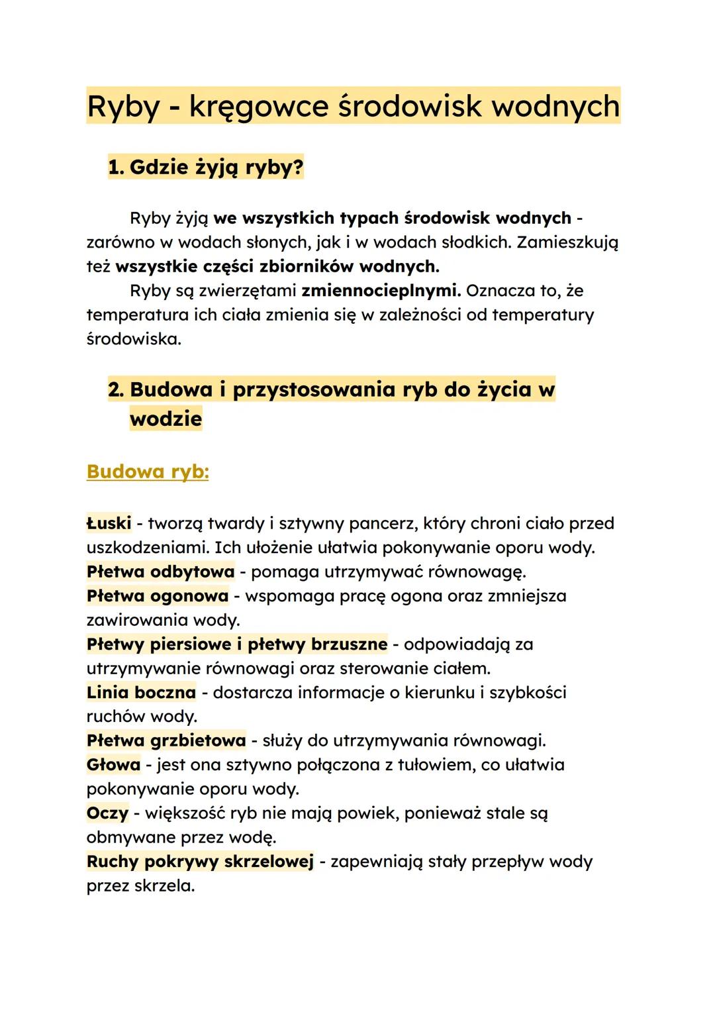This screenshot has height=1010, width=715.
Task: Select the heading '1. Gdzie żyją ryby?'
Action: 206,168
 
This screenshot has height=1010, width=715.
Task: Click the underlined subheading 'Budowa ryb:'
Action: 148,472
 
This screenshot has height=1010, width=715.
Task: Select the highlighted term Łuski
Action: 109,523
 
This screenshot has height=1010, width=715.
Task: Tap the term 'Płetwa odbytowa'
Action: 160,571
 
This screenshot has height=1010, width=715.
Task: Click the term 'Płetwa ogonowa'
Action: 158,595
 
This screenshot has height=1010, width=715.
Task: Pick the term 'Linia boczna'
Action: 141,692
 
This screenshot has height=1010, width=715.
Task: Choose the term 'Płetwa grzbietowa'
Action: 166,740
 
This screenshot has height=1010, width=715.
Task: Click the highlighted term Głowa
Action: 113,764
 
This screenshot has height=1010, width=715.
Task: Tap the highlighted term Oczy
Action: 107,813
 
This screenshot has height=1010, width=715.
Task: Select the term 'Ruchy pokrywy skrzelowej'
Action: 200,861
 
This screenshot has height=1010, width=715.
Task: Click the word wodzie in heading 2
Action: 166,419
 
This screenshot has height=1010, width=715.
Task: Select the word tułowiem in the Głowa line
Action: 436,764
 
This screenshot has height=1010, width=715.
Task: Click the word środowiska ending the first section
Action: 134,339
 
